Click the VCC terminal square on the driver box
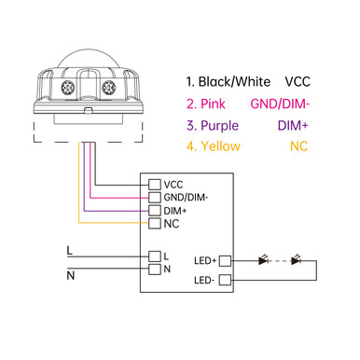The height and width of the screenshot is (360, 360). pyautogui.click(x=155, y=184)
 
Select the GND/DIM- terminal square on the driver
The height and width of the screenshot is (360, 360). pyautogui.click(x=155, y=197)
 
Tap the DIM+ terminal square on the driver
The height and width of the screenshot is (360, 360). pyautogui.click(x=155, y=211)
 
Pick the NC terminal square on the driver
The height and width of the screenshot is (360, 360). pyautogui.click(x=155, y=224)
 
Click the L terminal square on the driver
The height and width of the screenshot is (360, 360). pyautogui.click(x=155, y=256)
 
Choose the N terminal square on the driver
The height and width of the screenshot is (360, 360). pyautogui.click(x=155, y=270)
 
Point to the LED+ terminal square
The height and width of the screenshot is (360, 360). pyautogui.click(x=225, y=260)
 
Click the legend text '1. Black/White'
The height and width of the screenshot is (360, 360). pyautogui.click(x=227, y=81)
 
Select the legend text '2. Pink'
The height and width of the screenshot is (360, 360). pyautogui.click(x=207, y=103)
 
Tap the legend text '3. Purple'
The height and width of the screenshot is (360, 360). pyautogui.click(x=213, y=124)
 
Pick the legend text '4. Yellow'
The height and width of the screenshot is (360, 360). pyautogui.click(x=213, y=145)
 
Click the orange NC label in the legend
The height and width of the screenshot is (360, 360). pyautogui.click(x=299, y=145)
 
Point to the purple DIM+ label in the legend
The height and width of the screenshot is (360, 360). pyautogui.click(x=294, y=124)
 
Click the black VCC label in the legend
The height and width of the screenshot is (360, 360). pyautogui.click(x=297, y=81)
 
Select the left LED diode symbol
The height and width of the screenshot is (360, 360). pyautogui.click(x=265, y=260)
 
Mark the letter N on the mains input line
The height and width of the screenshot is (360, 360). pyautogui.click(x=70, y=275)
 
